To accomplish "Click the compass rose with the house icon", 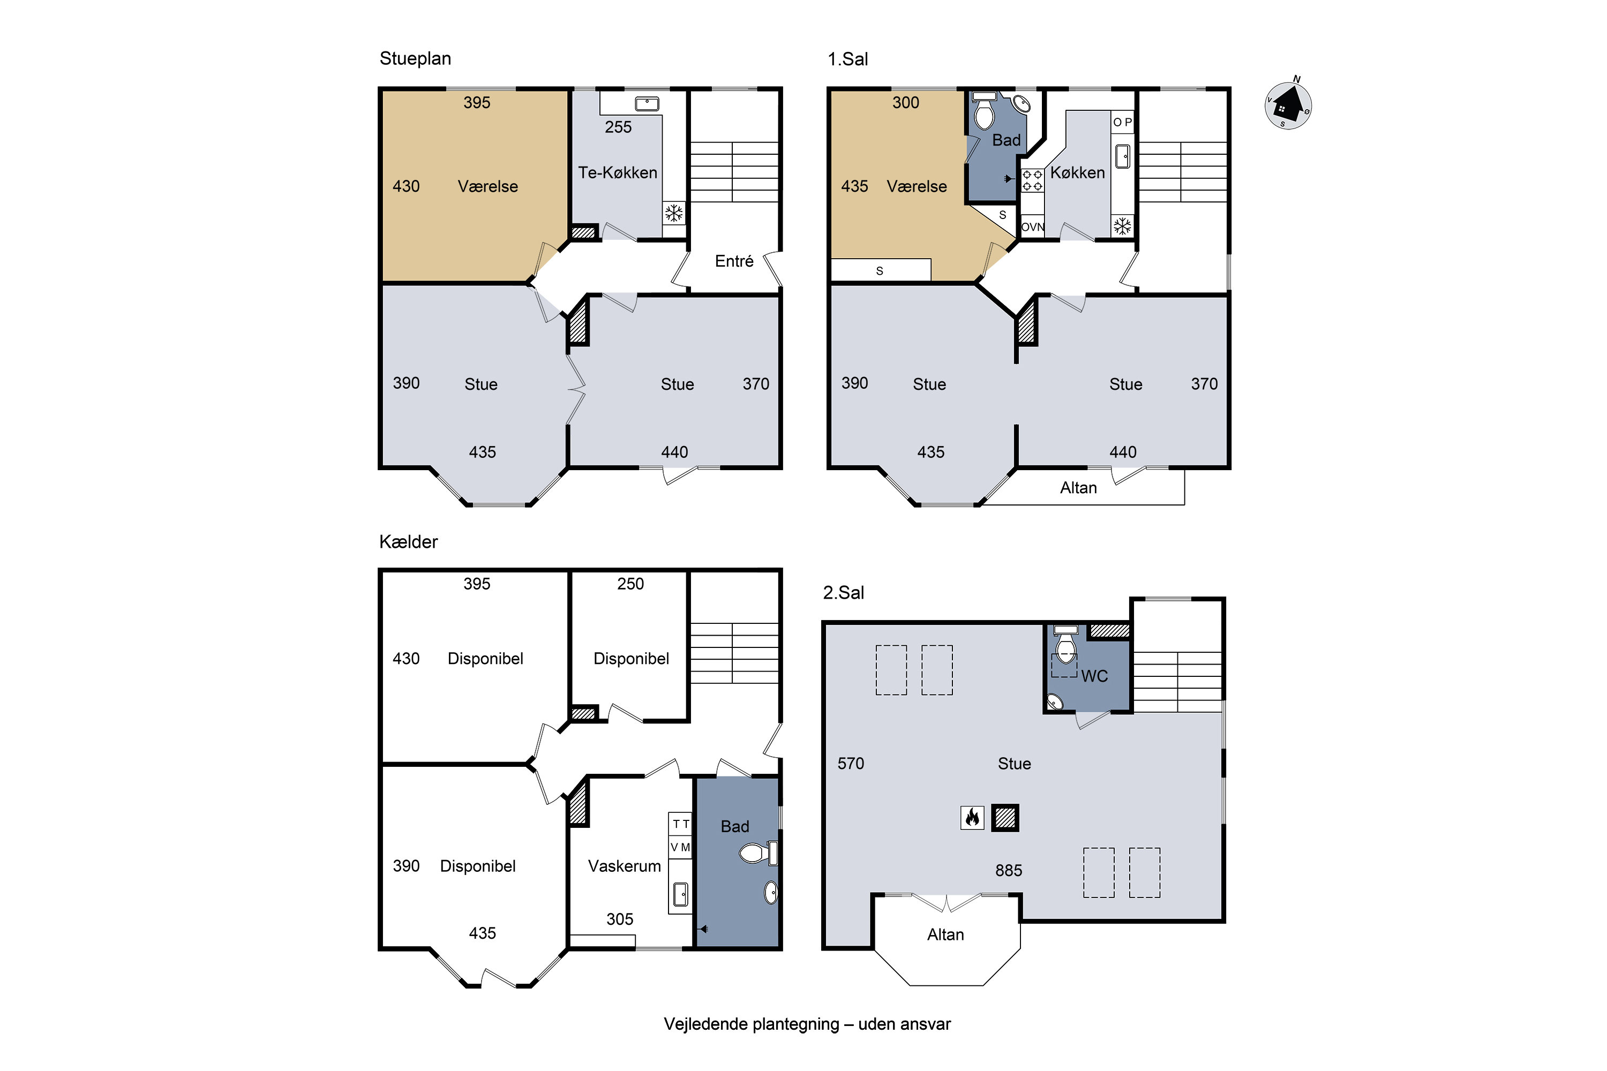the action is click(1287, 104).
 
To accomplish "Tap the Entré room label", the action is click(734, 261).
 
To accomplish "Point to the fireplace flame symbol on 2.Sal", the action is click(972, 817).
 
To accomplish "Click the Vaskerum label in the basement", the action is click(625, 866).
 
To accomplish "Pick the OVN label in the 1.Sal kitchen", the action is click(1032, 227).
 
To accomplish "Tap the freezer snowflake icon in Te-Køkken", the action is click(674, 213).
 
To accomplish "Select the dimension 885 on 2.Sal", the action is click(1009, 870).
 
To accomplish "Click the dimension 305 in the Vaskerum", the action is click(620, 919).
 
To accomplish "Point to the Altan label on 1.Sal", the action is click(1078, 488).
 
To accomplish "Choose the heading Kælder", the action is click(408, 541).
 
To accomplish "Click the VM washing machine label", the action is click(680, 848).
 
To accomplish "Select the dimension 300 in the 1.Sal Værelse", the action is click(905, 102).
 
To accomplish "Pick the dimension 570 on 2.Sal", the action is click(851, 763).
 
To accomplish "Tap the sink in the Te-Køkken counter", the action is click(647, 104).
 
